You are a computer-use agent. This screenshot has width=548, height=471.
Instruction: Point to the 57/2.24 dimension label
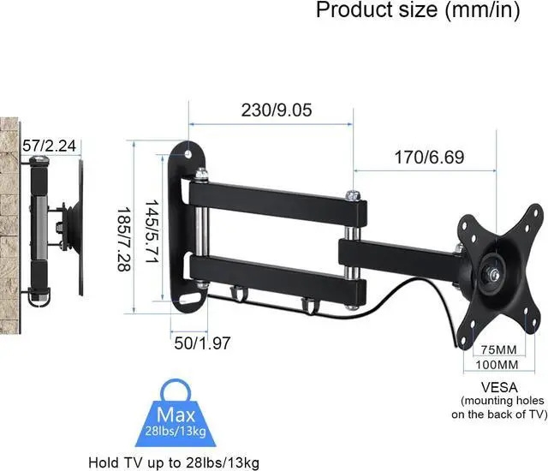pos(49,147)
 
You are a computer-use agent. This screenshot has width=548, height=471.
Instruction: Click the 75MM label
pos(497,349)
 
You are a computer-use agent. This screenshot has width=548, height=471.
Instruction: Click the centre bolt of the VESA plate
pos(494,275)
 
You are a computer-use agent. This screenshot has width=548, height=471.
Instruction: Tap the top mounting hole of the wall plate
pos(189,155)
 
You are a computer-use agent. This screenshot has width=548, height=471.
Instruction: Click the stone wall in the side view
pos(9,214)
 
